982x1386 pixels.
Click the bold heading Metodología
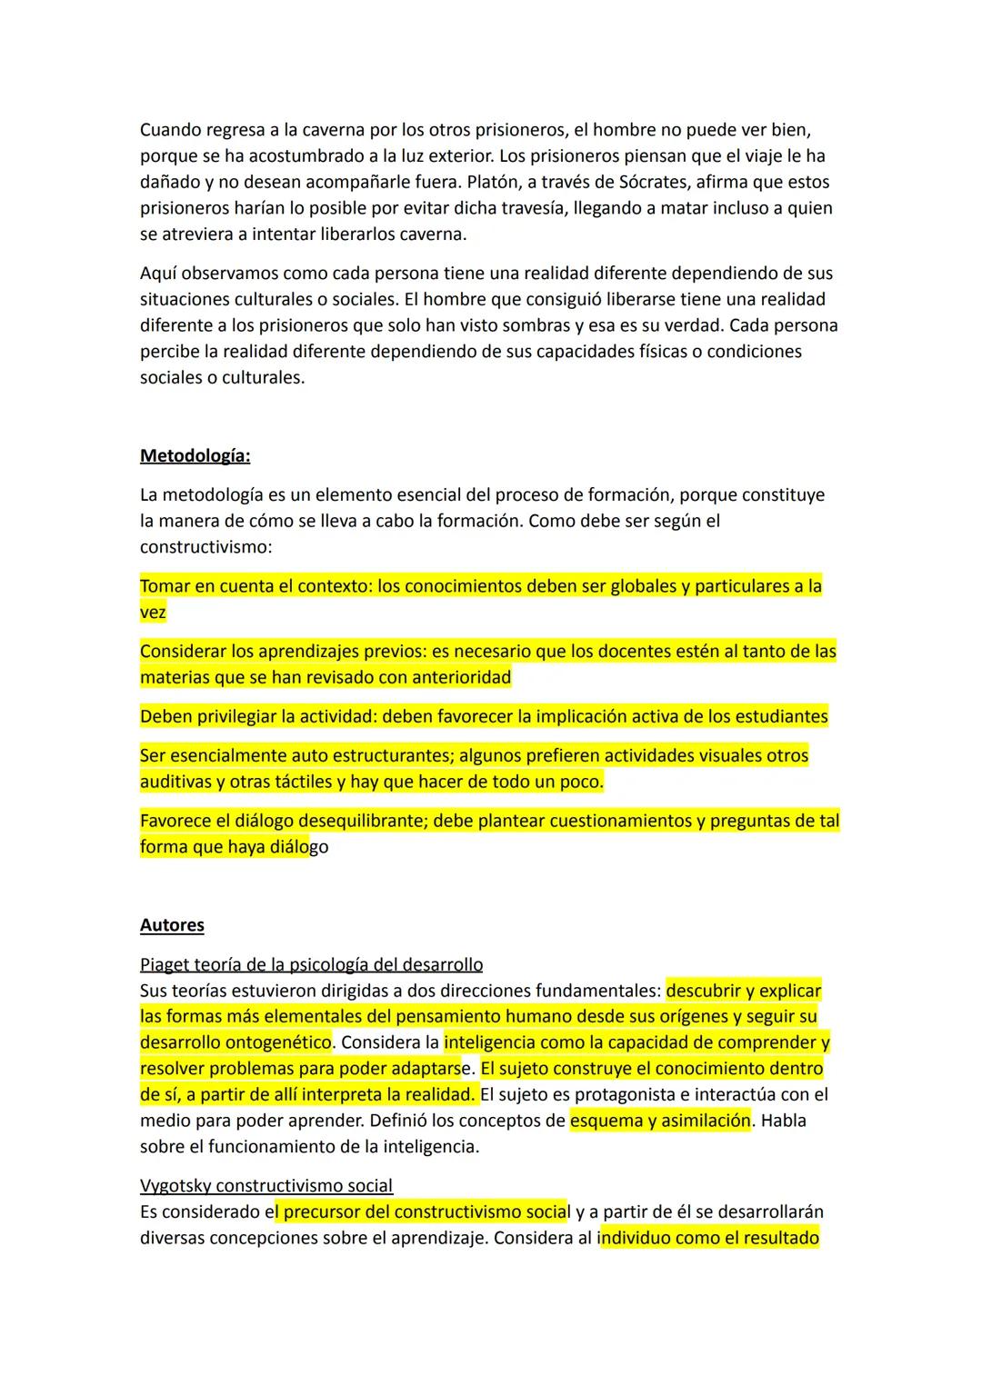tap(195, 456)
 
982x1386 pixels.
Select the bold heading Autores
tap(172, 925)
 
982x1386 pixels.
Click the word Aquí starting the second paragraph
tap(159, 274)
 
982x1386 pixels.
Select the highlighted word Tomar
tap(165, 586)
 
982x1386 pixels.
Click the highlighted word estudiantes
tap(776, 717)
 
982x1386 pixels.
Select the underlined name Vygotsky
tap(175, 1186)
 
